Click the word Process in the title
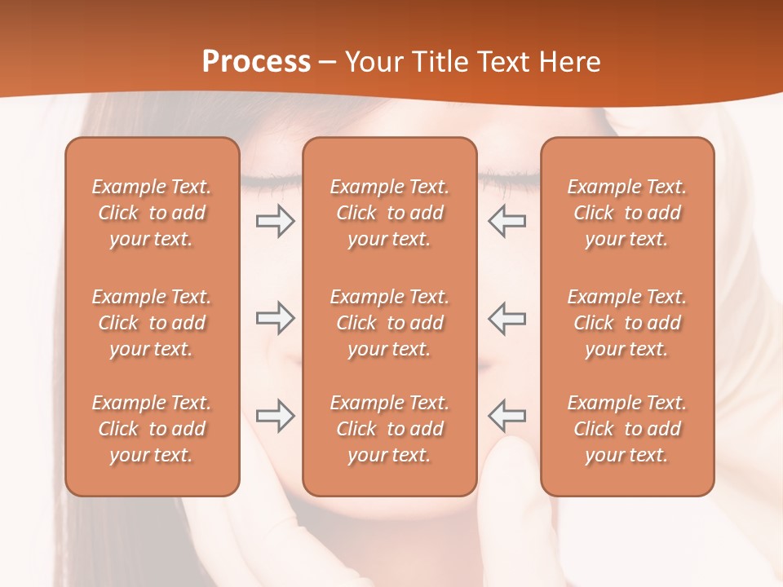pos(256,62)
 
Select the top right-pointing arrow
pos(276,220)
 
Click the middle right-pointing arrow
pos(276,318)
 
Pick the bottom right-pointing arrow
pos(276,416)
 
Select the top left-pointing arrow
pos(507,220)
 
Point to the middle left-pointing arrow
pos(507,318)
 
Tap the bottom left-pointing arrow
pos(507,416)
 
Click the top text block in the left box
pos(152,213)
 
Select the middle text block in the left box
pos(152,323)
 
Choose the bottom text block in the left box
pos(152,429)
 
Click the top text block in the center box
pos(390,213)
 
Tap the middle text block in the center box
pos(390,323)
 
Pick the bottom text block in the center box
pos(390,429)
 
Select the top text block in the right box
pos(627,213)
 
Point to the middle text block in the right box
pos(627,323)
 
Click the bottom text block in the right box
pos(627,429)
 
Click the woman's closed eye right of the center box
pos(509,176)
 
